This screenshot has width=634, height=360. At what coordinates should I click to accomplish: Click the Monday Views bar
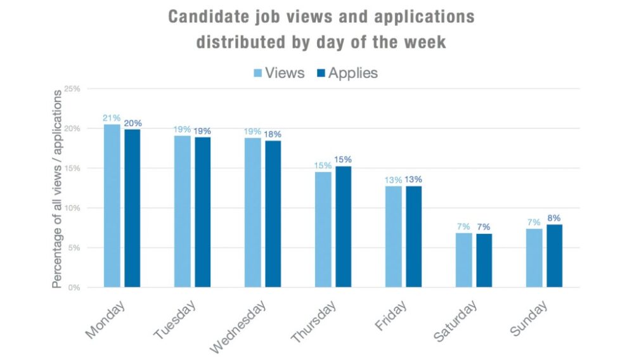tap(112, 205)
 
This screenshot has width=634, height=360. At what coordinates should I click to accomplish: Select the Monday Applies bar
tap(132, 208)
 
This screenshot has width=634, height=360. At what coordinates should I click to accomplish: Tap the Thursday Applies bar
tap(343, 226)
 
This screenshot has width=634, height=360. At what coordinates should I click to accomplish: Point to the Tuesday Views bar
tap(182, 211)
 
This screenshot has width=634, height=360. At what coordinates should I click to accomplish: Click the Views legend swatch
tap(258, 74)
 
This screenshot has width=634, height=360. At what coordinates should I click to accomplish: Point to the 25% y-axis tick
tap(72, 89)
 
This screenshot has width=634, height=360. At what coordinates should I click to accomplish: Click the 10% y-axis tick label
tap(72, 209)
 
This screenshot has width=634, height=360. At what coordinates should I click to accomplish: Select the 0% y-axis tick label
tap(74, 288)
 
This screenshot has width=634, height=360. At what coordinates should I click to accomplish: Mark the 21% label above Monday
tap(112, 118)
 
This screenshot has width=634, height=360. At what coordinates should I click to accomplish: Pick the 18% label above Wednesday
tap(273, 134)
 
